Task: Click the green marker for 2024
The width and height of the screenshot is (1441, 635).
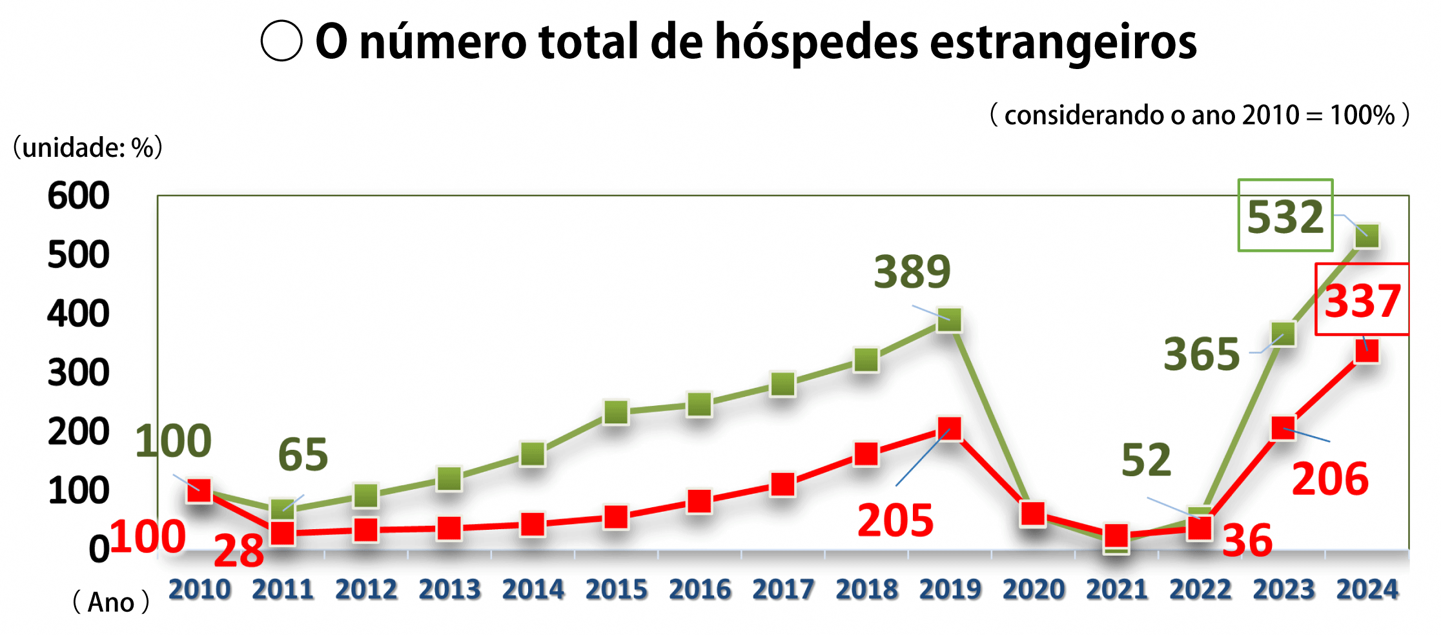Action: coord(1367,236)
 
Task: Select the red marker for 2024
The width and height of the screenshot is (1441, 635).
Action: coord(1367,351)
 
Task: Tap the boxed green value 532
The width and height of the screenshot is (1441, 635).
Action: coord(1285,216)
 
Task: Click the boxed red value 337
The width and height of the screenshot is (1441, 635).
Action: coord(1362,301)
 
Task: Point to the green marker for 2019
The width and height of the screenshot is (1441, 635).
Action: coord(949,319)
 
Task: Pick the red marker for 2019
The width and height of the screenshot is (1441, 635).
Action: coord(949,428)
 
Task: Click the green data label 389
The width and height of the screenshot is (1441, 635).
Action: coord(912,272)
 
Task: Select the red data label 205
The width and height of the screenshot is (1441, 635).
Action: coord(895,520)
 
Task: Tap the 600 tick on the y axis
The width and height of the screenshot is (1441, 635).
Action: coord(78,195)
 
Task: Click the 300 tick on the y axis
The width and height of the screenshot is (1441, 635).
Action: coord(78,373)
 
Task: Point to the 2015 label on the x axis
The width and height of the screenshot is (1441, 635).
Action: coord(616,589)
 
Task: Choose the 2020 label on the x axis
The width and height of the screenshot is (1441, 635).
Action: coord(1033,589)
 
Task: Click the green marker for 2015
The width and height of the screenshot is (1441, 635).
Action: coord(616,412)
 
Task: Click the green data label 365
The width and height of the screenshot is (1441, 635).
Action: coord(1201,354)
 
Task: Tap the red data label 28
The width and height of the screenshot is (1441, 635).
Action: coord(238,551)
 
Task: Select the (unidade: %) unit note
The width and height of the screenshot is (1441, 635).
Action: coord(87,148)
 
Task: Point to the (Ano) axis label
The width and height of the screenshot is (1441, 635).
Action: coord(110,602)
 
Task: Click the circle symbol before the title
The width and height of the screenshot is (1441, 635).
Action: coord(281,41)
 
